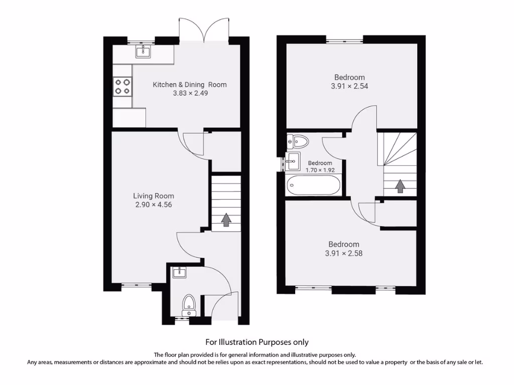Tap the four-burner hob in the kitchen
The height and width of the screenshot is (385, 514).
coord(122,86)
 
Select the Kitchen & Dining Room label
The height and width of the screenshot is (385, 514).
coord(189,85)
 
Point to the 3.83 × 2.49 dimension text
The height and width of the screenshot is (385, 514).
coord(189,93)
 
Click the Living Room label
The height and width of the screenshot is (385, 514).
coord(154,196)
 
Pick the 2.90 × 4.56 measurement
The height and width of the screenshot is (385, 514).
coord(154,205)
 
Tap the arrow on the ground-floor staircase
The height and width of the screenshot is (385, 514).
coord(226,220)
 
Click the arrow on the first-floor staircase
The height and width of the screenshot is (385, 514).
coord(400,186)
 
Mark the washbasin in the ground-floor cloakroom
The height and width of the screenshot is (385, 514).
coord(179,272)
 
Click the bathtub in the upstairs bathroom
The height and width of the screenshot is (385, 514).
coord(313,185)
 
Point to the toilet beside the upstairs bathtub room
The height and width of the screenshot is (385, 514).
coord(298,141)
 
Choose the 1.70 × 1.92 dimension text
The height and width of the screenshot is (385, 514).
coord(320,170)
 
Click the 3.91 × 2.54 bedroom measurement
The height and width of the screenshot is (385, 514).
coord(350,86)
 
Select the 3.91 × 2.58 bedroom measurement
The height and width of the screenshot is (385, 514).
coord(344,253)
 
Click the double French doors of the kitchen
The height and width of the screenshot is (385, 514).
coord(204,30)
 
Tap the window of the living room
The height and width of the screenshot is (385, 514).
coord(137,286)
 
